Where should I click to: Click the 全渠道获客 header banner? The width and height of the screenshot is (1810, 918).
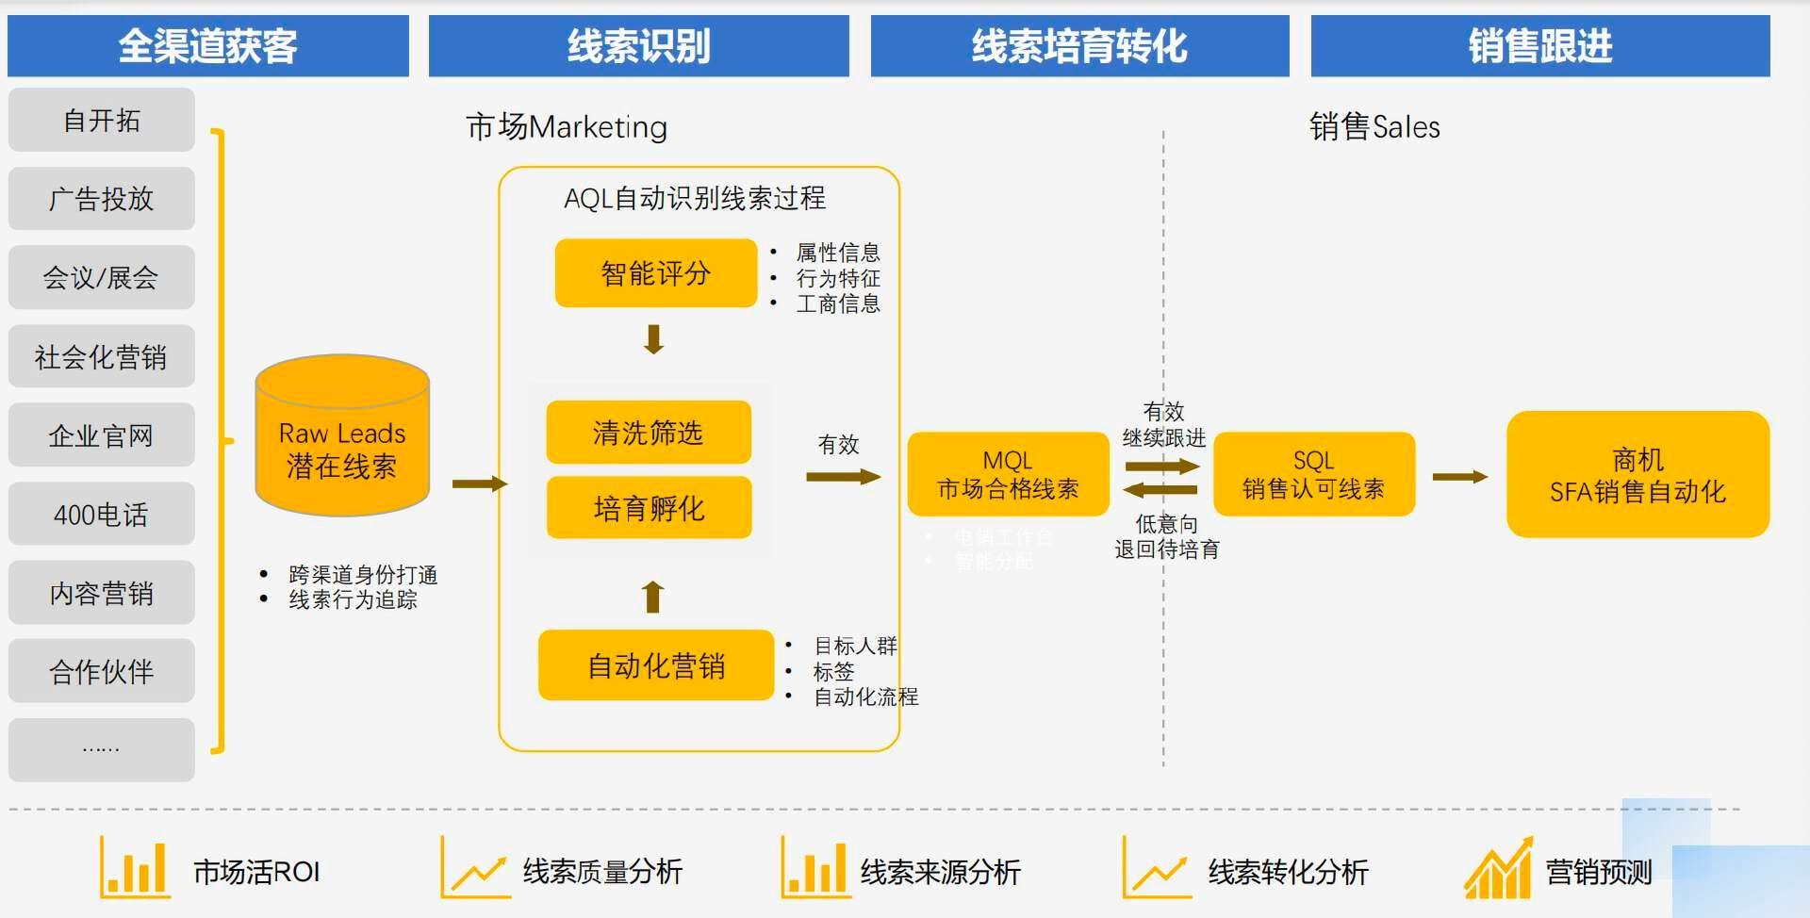[207, 45]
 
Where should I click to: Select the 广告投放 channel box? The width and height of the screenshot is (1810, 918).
[101, 199]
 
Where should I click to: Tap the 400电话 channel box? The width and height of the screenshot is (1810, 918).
[101, 514]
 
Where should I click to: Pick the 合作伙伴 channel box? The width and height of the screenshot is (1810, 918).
[101, 671]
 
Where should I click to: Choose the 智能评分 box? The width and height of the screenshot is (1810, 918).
[655, 273]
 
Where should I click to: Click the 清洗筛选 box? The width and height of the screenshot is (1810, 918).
[649, 433]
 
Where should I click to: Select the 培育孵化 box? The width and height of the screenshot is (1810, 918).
[649, 508]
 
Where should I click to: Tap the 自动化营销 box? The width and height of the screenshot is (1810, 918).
[655, 665]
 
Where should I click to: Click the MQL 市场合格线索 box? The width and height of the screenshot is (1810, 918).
[1008, 474]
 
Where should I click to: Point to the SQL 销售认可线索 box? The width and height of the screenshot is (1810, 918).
[1313, 474]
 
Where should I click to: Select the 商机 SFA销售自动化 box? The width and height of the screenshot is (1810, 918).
[1637, 474]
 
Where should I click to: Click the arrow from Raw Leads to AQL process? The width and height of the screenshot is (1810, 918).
[479, 484]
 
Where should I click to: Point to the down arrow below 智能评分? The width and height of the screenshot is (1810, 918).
[653, 338]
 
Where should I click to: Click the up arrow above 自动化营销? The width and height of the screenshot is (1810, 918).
[652, 597]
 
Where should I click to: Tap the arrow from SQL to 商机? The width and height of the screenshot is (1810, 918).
[1459, 477]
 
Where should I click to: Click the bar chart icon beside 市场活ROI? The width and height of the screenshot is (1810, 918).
[134, 869]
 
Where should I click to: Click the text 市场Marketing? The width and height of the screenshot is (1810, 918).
[567, 126]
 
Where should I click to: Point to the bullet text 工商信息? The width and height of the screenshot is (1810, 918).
[837, 303]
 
